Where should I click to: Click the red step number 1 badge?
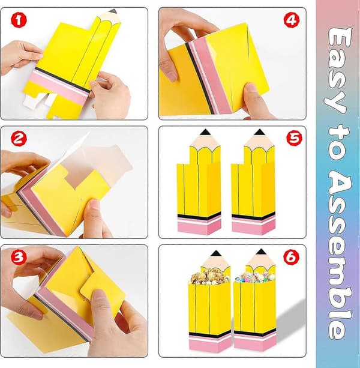(x=19, y=20)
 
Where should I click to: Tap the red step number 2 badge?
(x=19, y=139)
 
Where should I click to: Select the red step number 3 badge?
(x=19, y=257)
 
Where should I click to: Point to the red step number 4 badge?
(x=291, y=20)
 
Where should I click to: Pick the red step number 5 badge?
(x=295, y=138)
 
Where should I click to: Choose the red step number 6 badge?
(x=291, y=258)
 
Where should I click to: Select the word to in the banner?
(x=338, y=143)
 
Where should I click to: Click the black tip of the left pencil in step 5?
(x=205, y=132)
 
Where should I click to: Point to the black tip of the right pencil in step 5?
(x=259, y=132)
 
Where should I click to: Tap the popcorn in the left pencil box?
(x=209, y=277)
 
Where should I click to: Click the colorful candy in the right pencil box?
(x=254, y=277)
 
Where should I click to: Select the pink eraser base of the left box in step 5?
(x=199, y=226)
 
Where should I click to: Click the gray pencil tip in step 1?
(x=113, y=11)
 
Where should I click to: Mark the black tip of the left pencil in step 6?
(x=216, y=253)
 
